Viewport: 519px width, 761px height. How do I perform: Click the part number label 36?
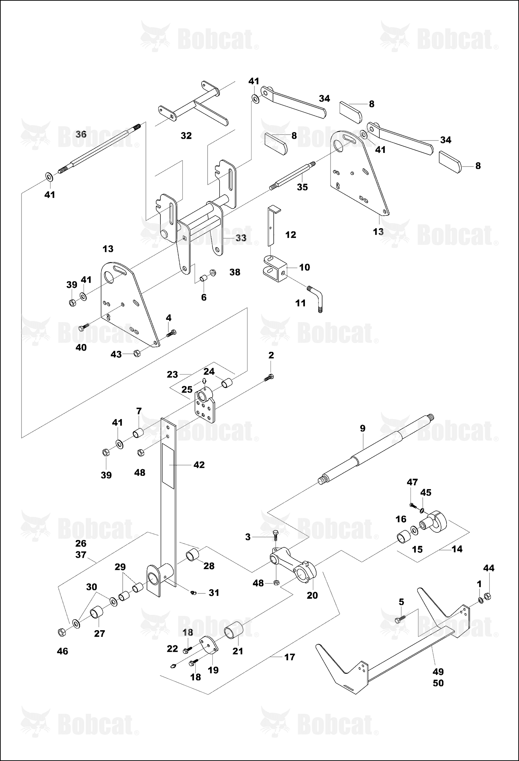[81, 134]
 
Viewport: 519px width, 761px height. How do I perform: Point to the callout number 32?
[186, 136]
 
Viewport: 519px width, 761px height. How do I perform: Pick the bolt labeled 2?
[269, 378]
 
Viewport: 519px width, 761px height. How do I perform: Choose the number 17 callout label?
[290, 657]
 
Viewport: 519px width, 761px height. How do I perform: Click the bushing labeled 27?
[97, 613]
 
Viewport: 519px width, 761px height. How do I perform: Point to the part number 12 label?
[291, 235]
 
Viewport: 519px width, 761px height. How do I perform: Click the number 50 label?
[438, 683]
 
